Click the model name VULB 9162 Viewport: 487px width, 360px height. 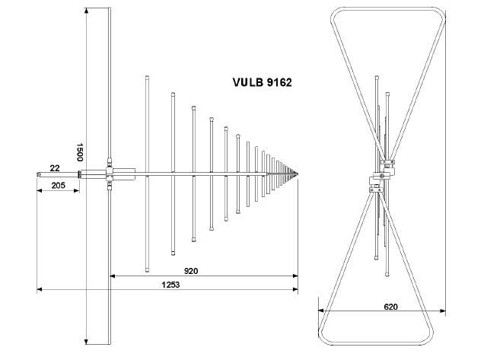(x=262, y=82)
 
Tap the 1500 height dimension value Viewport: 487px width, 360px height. (x=79, y=152)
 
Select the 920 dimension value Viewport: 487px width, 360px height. (x=191, y=271)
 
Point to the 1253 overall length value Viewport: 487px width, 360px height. (x=170, y=285)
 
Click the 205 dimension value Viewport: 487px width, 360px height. (x=59, y=186)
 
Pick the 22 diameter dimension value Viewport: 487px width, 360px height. (x=55, y=168)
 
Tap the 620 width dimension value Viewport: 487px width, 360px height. (x=390, y=307)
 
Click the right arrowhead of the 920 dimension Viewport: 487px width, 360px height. (x=295, y=276)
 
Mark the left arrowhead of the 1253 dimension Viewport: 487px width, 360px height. (x=40, y=289)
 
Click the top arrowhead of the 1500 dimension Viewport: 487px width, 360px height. (x=87, y=10)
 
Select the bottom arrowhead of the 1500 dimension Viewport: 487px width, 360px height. (x=87, y=342)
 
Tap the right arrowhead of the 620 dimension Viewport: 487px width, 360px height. (x=443, y=311)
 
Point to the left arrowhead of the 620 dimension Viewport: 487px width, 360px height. (x=321, y=311)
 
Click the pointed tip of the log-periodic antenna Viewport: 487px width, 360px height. (x=298, y=174)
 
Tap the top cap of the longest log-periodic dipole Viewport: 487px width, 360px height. (x=147, y=77)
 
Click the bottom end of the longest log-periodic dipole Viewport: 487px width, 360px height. (x=147, y=270)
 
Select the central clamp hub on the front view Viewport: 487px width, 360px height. (x=382, y=176)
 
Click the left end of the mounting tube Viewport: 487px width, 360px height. (x=37, y=174)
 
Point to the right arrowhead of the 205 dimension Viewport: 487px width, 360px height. (x=76, y=190)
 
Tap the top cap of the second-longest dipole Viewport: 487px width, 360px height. (x=173, y=94)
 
